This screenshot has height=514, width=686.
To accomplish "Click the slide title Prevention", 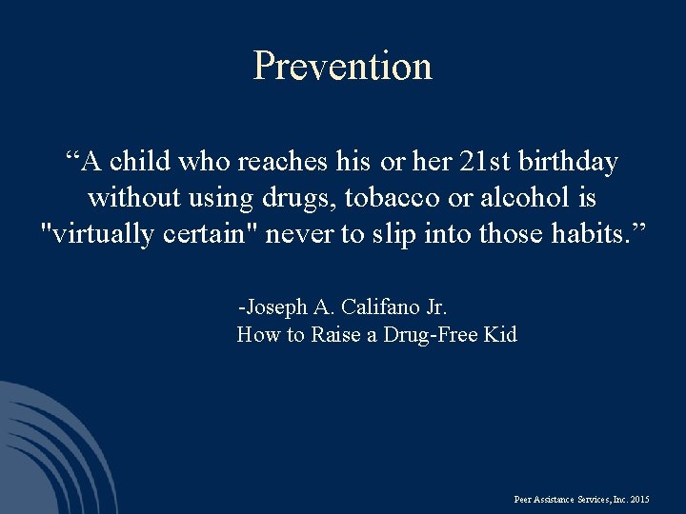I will (x=343, y=66).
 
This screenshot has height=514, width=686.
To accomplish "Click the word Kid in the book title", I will (x=500, y=334).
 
